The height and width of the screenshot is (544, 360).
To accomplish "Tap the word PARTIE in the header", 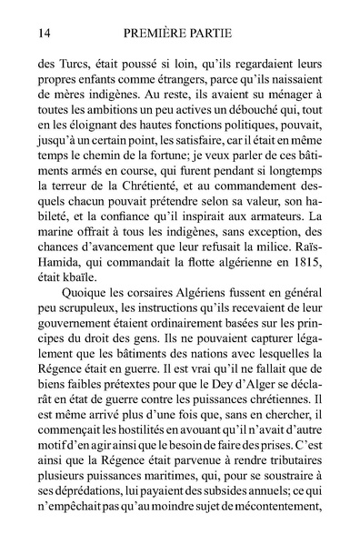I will (x=228, y=34).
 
